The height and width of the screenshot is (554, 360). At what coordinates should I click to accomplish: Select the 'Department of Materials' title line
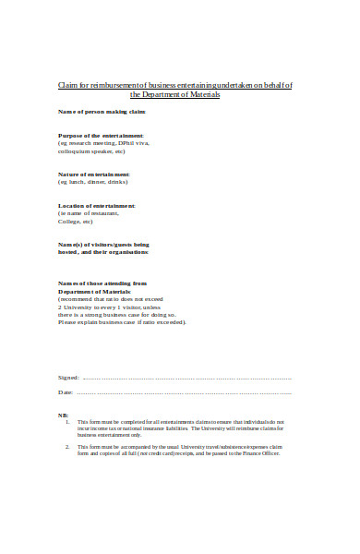(175, 95)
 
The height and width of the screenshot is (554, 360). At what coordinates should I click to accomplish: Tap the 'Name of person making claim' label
(102, 112)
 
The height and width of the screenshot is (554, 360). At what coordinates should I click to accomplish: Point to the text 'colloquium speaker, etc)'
(91, 151)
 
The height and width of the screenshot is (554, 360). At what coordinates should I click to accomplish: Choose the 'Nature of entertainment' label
(94, 174)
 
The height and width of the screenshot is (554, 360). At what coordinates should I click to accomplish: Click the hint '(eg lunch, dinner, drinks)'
(95, 182)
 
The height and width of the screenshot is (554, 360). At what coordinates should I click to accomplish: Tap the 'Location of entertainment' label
(97, 205)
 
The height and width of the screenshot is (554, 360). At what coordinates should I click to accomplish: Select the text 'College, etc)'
(76, 222)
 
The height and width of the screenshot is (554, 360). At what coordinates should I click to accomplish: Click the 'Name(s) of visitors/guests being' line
(103, 244)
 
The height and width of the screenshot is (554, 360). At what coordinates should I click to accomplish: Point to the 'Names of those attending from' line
(102, 283)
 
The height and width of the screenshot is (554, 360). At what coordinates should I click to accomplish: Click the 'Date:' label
(66, 393)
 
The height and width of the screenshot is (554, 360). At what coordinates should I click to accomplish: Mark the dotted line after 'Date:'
(185, 393)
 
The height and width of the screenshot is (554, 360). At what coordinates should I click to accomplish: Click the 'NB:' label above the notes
(63, 415)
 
